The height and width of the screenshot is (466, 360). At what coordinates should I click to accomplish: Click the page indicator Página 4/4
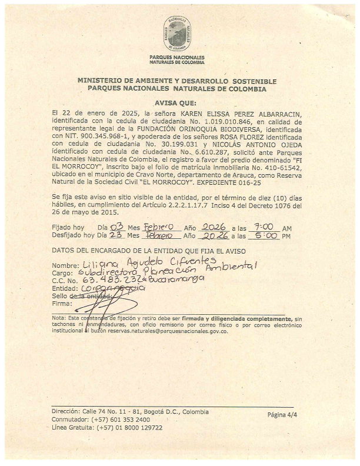pos(285,415)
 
